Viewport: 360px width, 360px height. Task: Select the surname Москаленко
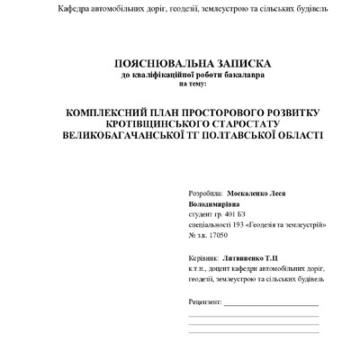click(253, 193)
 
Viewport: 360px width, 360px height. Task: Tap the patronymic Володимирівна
click(217, 204)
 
